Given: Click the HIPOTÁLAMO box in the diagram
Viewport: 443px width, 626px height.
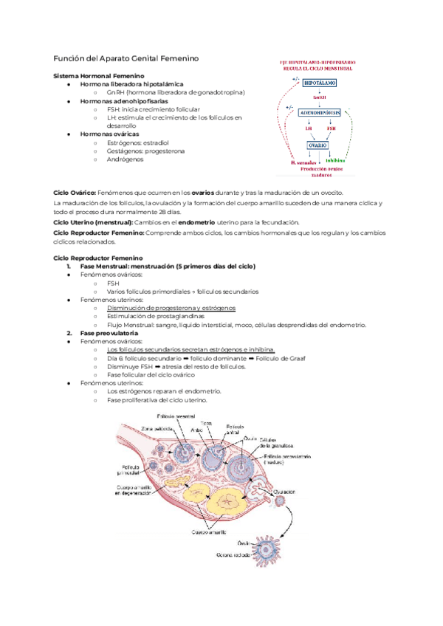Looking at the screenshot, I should [x=320, y=83].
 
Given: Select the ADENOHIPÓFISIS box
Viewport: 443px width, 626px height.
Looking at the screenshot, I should [x=320, y=113].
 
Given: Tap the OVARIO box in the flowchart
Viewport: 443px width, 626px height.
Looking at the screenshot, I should [x=319, y=145].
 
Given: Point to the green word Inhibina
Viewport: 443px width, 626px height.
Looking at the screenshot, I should [x=334, y=160].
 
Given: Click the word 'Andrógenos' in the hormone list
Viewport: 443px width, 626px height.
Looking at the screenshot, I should [x=125, y=159].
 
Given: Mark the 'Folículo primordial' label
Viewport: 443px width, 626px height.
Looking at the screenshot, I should [x=128, y=469].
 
